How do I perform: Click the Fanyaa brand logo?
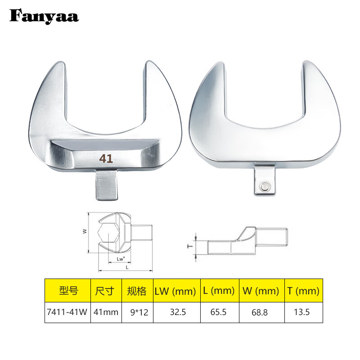coord(44,17)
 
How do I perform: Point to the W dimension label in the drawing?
coord(84,231)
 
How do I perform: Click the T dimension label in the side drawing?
coord(190,247)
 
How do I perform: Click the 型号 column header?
coord(68,291)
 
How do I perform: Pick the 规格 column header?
coord(137,291)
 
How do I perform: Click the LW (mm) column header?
coord(175,291)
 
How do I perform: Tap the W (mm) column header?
coord(261,291)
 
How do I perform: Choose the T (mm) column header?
coord(303,291)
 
